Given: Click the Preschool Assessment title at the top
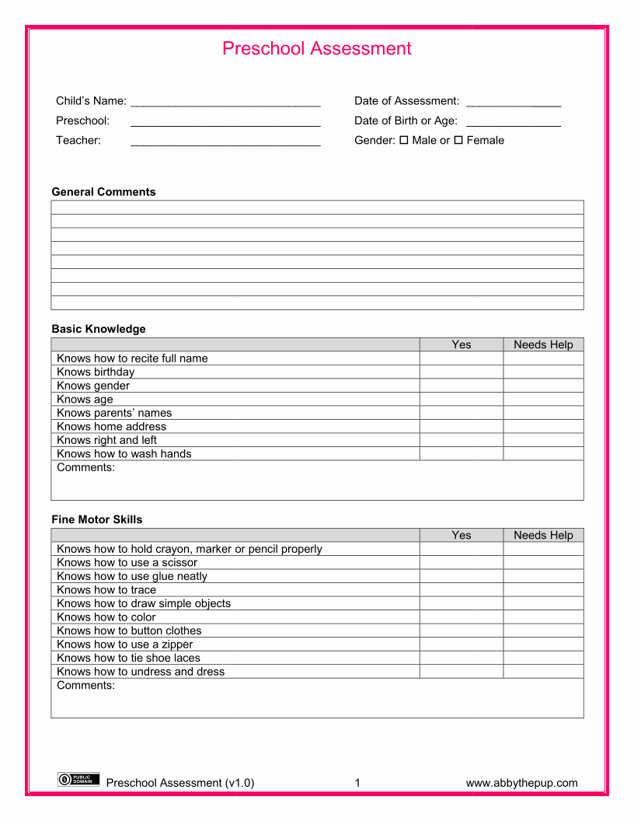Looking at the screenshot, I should (317, 48).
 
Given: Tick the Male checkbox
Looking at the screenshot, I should (403, 140).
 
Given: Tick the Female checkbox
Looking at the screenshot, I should (458, 140).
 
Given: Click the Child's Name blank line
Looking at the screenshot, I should (225, 102).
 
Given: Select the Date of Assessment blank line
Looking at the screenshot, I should (514, 102).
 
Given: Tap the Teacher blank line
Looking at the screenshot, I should (225, 141).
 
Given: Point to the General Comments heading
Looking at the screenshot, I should (103, 192).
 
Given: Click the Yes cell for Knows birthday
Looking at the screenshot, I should (462, 372).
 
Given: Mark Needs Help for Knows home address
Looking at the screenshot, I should (543, 426).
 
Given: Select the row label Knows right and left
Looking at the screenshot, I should (106, 440).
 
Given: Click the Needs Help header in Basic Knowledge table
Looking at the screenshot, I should (543, 344).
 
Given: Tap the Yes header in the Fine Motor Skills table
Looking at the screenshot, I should (462, 535).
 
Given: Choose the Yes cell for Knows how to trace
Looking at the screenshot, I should (462, 589).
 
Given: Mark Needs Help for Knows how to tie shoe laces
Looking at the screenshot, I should (543, 658).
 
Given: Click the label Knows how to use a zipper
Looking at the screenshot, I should (124, 644).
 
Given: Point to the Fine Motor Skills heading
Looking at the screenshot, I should (97, 519).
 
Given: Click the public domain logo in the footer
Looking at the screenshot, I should (78, 779).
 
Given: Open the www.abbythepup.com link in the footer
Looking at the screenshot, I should (521, 783).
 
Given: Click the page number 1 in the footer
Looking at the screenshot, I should (357, 783).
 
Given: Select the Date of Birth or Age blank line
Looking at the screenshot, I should (514, 122).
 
